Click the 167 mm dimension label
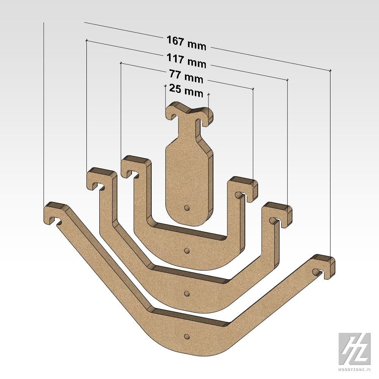pos(186,43)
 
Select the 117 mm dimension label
pos(186,61)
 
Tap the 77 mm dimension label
pos(186,77)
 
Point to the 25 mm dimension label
pos(186,91)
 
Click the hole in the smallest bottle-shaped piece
pos(186,208)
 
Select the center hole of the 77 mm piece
pos(186,251)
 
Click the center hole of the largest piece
pos(186,336)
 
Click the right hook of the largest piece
pos(323,266)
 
